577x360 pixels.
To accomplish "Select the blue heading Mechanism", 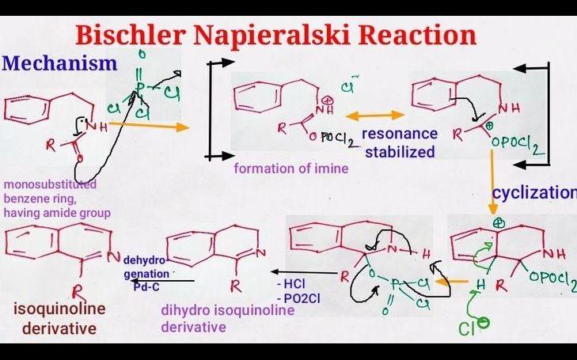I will click(59, 63).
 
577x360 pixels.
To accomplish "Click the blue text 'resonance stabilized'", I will click(400, 142).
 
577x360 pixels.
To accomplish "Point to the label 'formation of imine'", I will click(291, 169).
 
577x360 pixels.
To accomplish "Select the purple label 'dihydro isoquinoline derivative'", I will click(228, 318).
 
